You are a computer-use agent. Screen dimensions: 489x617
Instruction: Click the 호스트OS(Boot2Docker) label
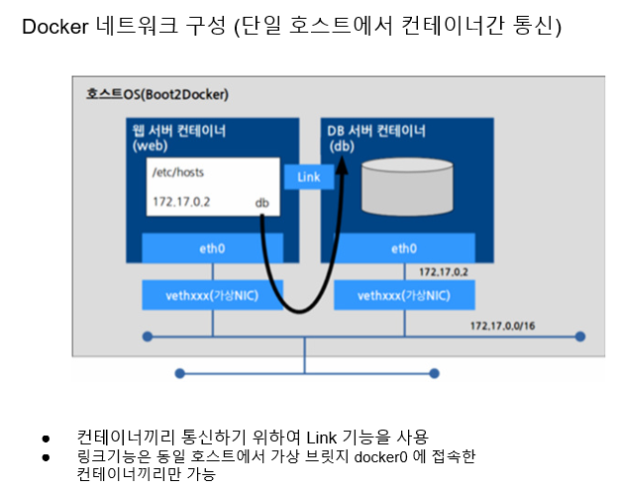[156, 94]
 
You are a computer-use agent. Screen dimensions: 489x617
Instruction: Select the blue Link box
[308, 176]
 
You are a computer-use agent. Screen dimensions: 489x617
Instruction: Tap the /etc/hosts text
[178, 172]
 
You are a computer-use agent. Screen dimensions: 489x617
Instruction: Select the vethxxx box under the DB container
[403, 295]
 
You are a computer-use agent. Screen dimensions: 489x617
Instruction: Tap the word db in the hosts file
[262, 203]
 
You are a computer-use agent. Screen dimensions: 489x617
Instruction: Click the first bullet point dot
[45, 437]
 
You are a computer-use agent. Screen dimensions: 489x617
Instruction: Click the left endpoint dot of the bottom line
[179, 373]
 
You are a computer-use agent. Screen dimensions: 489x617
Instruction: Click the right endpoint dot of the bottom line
[433, 373]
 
